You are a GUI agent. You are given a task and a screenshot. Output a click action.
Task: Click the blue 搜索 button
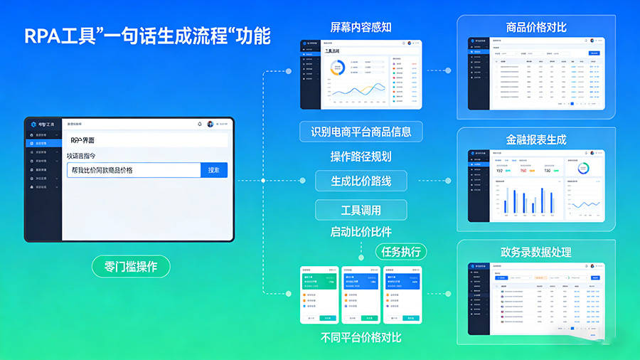click(214, 170)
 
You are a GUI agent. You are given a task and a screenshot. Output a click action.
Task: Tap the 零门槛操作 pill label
click(132, 267)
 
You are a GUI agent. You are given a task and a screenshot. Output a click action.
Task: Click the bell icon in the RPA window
click(200, 124)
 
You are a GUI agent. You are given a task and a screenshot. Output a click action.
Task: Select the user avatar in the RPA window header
click(210, 124)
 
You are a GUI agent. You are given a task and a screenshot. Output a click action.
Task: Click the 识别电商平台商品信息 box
click(361, 132)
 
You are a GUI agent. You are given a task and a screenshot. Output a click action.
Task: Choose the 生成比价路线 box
click(361, 181)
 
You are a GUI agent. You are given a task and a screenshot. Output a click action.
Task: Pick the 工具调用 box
click(361, 210)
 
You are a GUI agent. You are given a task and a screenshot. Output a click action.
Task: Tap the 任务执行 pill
click(400, 251)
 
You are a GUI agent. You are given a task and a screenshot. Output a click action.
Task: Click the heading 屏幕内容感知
click(361, 28)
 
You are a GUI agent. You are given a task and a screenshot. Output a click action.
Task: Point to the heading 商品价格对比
click(536, 28)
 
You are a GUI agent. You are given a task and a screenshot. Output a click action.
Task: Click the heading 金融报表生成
click(536, 140)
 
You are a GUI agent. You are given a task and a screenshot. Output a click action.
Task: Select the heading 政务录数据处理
click(536, 253)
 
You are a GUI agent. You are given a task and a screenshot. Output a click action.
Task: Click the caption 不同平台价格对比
click(361, 337)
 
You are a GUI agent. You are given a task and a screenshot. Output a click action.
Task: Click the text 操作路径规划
click(361, 157)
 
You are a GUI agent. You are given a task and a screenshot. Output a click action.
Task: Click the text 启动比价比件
click(361, 232)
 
